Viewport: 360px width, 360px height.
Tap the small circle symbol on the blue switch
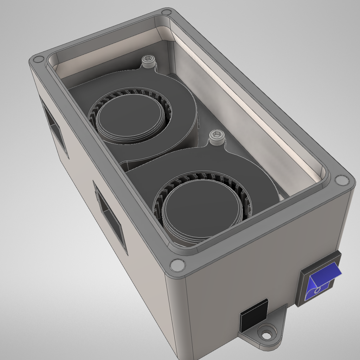[317, 290]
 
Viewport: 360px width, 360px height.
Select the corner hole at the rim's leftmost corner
[36, 60]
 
